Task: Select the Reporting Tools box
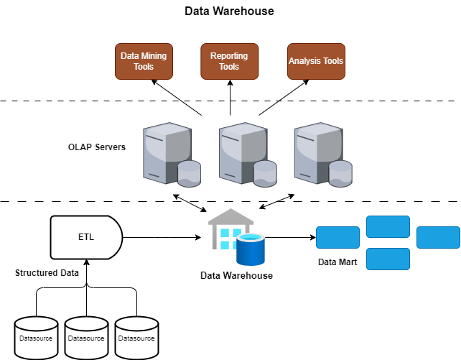pos(229,61)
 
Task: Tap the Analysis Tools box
pos(316,61)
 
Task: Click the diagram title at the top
pos(229,11)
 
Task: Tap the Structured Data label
pos(47,273)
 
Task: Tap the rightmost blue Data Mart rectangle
pos(438,237)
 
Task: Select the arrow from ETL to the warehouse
pos(162,236)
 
